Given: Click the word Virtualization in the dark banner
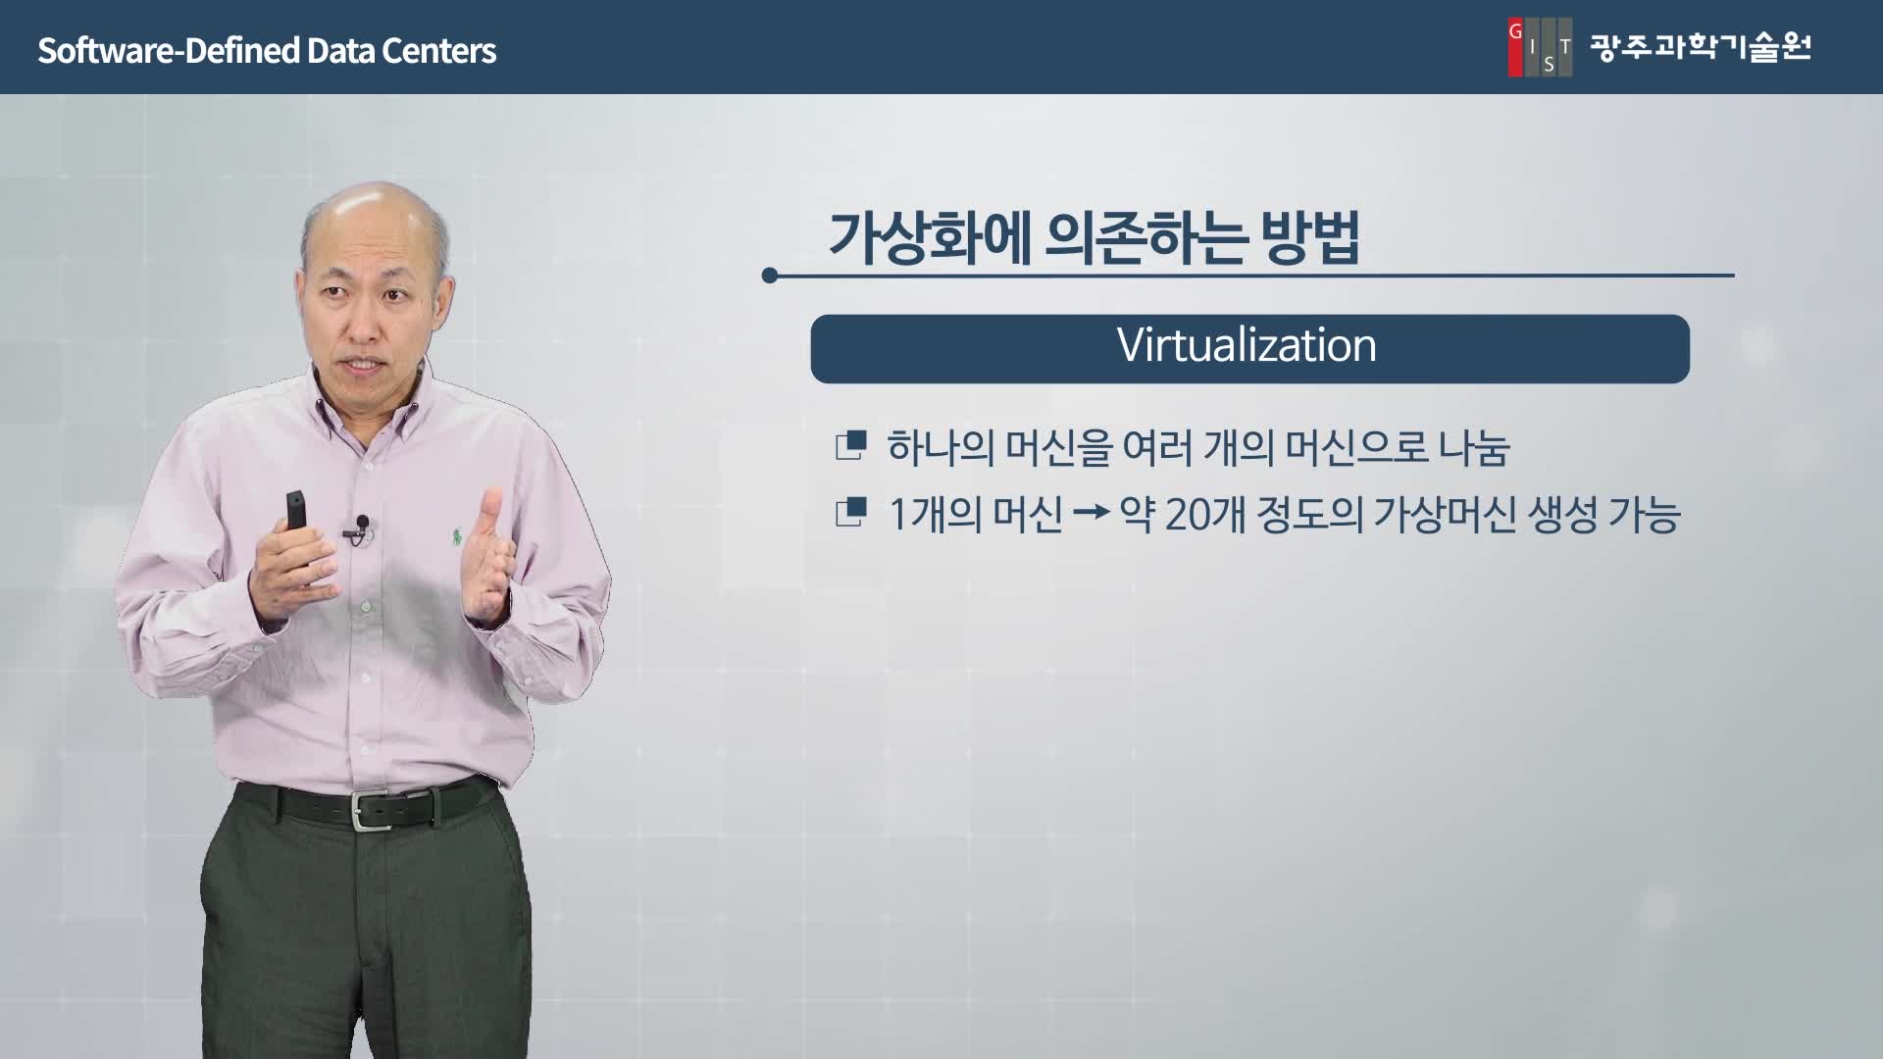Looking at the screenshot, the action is pos(1247,346).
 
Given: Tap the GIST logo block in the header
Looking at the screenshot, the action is pos(1540,47).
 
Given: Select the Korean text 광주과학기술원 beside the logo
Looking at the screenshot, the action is pos(1701,47).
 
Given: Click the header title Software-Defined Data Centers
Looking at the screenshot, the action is pos(267,50).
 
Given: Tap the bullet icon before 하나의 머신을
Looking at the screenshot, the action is pos(850,446).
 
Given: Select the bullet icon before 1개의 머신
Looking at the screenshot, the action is pos(850,513).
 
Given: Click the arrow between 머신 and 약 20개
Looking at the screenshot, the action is pos(1091,512).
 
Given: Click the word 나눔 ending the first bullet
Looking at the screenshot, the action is pos(1474,448).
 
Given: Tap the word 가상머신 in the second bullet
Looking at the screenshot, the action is pos(1442,514).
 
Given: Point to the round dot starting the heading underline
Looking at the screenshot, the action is pos(770,276).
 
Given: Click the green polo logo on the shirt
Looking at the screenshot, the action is pos(457,536).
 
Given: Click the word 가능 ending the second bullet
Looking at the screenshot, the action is pos(1645,514).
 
